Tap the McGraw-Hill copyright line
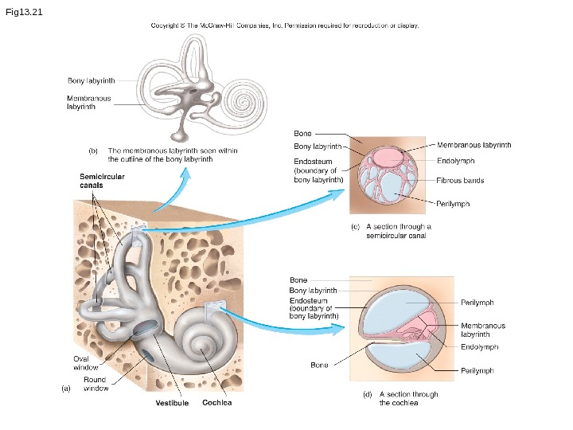click(285, 25)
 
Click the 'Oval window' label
click(86, 363)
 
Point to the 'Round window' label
click(96, 384)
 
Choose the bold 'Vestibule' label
click(172, 404)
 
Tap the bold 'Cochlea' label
click(216, 403)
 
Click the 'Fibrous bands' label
click(460, 180)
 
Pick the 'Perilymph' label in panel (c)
click(453, 204)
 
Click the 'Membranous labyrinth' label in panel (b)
click(88, 102)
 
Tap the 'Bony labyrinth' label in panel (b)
click(91, 80)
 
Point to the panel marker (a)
click(67, 389)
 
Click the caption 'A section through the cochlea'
click(408, 398)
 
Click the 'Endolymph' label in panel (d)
click(480, 347)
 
